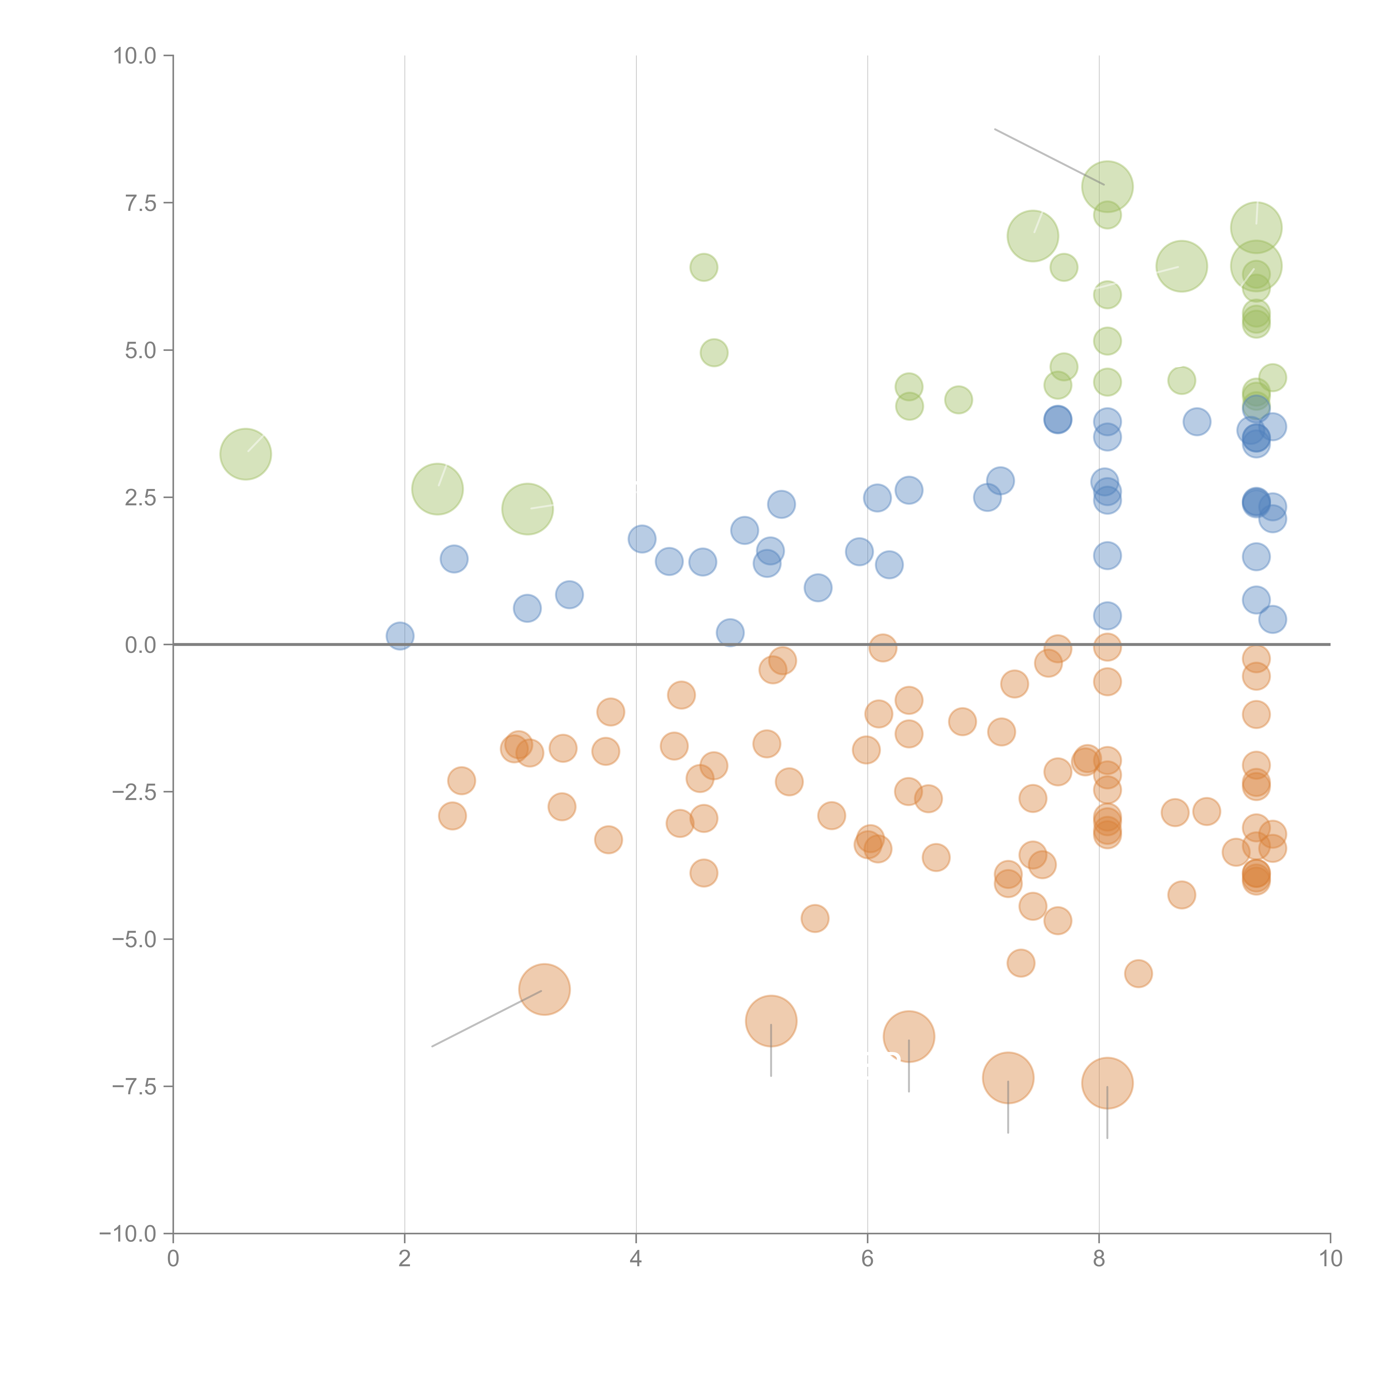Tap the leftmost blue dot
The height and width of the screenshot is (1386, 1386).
coord(400,636)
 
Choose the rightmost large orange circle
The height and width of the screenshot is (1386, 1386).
coord(1107,1083)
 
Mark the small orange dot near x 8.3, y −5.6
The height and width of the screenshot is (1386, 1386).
coord(1138,974)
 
